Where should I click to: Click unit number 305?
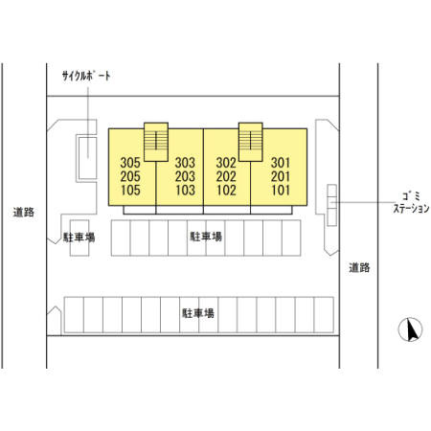coord(130,163)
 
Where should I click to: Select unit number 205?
coord(130,176)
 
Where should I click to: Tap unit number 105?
coord(130,190)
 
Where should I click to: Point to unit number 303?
coord(185,163)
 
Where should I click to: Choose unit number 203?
coord(185,176)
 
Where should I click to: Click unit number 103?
coord(186,190)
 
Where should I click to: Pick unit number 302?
coord(226,163)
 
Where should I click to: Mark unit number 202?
coord(226,176)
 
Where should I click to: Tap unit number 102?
coord(226,190)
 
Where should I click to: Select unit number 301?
coord(281,163)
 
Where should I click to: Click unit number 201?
coord(281,176)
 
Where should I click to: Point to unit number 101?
coord(281,190)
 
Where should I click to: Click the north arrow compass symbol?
coord(410,329)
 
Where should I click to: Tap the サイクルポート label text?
coord(86,76)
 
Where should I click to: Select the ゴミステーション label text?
coord(411,202)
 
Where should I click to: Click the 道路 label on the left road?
coord(24,213)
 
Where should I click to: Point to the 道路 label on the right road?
coord(359,267)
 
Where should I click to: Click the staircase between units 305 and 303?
coord(156,142)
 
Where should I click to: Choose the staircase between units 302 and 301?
coord(251,142)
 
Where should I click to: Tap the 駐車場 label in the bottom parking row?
coord(198,313)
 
